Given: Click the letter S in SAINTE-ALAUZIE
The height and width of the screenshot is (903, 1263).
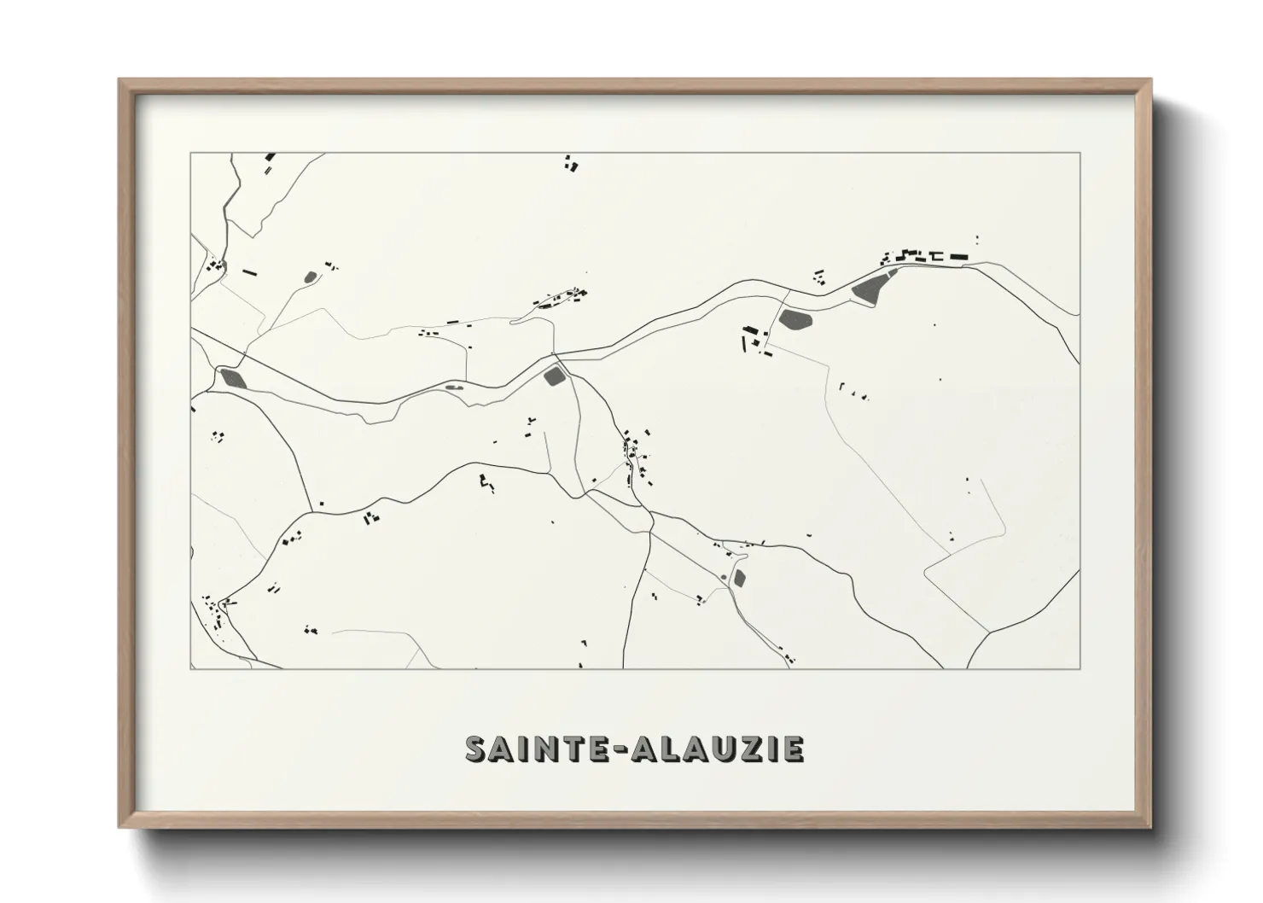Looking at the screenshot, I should pyautogui.click(x=478, y=749).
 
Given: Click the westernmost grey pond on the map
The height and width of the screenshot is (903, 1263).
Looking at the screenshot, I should pyautogui.click(x=232, y=377).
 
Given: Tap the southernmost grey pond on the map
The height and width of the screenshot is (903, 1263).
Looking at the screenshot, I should pyautogui.click(x=739, y=579).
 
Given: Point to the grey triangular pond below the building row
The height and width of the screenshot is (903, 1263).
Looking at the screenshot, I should pyautogui.click(x=870, y=287).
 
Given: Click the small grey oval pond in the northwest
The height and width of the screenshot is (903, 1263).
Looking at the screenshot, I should pyautogui.click(x=310, y=277).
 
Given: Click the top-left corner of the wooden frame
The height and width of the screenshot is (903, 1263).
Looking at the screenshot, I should pyautogui.click(x=119, y=80).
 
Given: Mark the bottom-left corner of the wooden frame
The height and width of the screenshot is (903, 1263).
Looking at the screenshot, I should pyautogui.click(x=119, y=827).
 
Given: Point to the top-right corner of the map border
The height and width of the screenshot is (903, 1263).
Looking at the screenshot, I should pyautogui.click(x=1080, y=153).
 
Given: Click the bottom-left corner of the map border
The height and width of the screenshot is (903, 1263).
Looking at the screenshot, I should pyautogui.click(x=191, y=668).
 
